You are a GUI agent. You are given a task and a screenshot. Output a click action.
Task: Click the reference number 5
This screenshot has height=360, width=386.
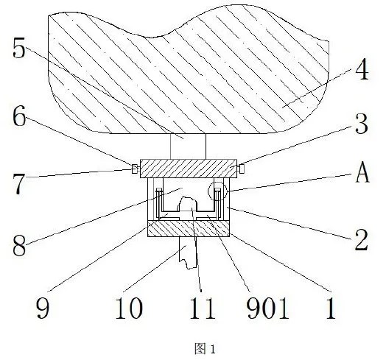(19, 48)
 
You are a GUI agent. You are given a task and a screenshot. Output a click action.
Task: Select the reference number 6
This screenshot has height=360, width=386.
(19, 116)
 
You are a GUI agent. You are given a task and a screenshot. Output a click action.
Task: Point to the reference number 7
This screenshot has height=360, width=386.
(19, 184)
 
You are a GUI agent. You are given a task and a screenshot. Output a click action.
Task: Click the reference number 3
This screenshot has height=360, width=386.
(362, 123)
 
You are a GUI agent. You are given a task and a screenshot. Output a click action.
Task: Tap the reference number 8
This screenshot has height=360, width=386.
(19, 245)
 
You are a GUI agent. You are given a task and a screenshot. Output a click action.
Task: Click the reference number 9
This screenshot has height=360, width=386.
(43, 308)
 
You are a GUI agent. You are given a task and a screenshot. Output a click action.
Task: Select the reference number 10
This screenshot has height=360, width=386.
(129, 308)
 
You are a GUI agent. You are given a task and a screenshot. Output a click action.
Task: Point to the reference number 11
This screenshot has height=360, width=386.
(203, 308)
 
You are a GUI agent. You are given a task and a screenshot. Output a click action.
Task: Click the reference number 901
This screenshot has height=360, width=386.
(267, 308)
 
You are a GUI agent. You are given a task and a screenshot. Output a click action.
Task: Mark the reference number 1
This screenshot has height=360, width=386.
(330, 308)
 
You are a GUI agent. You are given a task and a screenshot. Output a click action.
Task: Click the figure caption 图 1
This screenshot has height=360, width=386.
(205, 349)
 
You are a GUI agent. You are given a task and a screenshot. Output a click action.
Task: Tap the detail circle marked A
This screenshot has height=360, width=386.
(217, 182)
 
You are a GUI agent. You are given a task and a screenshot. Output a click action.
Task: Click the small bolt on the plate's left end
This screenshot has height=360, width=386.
(135, 169)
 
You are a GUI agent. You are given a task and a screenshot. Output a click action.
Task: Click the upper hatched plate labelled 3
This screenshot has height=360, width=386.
(189, 169)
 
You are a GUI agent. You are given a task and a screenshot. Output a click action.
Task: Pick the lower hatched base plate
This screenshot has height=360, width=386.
(189, 228)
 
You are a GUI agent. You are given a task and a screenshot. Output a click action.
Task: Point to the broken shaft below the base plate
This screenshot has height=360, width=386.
(188, 253)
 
